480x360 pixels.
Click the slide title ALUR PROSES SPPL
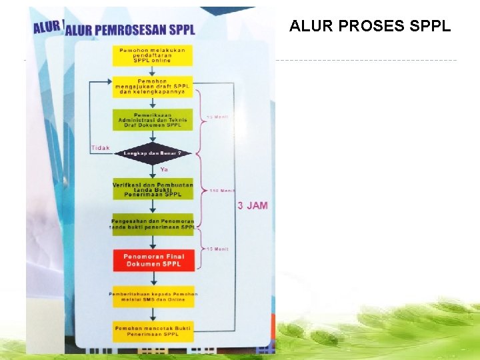point(370,27)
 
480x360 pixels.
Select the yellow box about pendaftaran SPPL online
point(153,55)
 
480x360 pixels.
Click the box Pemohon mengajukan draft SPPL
point(153,87)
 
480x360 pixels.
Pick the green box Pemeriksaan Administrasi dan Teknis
point(153,119)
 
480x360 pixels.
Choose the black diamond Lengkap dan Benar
point(153,153)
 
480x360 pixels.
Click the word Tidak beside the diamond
point(100,148)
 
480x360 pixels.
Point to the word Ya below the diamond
point(164,169)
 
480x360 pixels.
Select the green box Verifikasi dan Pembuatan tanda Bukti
point(153,189)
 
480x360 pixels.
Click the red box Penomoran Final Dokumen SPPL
point(153,261)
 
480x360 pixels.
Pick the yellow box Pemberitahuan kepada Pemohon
point(153,297)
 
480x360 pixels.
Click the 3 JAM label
point(253,205)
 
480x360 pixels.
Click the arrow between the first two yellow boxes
point(153,71)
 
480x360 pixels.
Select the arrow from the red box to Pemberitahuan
point(153,279)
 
